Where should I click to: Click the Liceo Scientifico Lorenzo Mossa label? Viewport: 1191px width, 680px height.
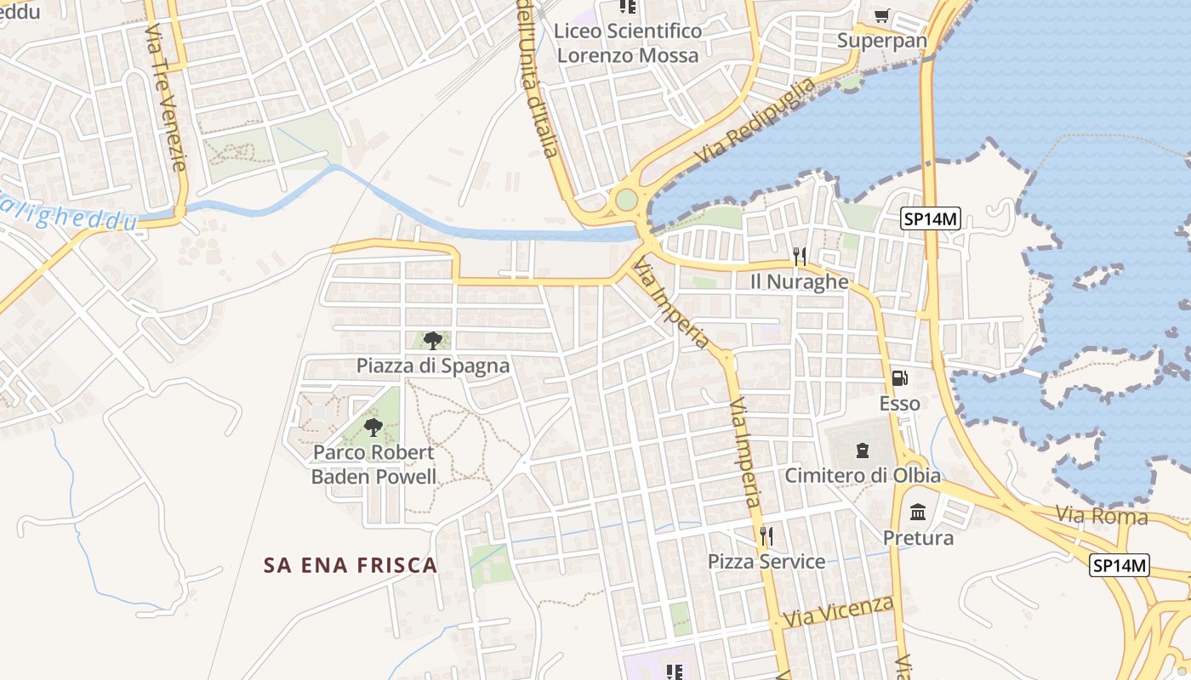628,43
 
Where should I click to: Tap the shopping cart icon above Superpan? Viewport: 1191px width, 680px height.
882,15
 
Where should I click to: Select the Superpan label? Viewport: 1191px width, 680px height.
881,40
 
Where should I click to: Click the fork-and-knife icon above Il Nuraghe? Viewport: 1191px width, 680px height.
799,256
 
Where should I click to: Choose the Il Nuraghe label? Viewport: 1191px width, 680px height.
799,281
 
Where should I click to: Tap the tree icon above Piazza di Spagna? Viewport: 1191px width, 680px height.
432,341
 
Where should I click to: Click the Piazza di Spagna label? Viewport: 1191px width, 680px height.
432,365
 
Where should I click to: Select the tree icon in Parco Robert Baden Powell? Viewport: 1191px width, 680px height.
373,427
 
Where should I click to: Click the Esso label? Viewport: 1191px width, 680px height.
899,403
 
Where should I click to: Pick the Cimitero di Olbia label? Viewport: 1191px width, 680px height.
863,475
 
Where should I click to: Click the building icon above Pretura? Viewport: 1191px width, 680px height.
918,513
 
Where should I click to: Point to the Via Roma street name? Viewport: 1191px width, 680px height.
1102,515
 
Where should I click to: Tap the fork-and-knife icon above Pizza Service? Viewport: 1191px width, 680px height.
766,535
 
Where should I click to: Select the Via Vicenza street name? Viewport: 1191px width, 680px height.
839,612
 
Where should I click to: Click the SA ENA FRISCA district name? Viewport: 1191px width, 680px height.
350,565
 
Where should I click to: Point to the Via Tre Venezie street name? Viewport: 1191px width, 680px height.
165,98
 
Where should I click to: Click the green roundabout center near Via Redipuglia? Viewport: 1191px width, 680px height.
626,201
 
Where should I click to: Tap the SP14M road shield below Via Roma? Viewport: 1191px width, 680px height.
1120,565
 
